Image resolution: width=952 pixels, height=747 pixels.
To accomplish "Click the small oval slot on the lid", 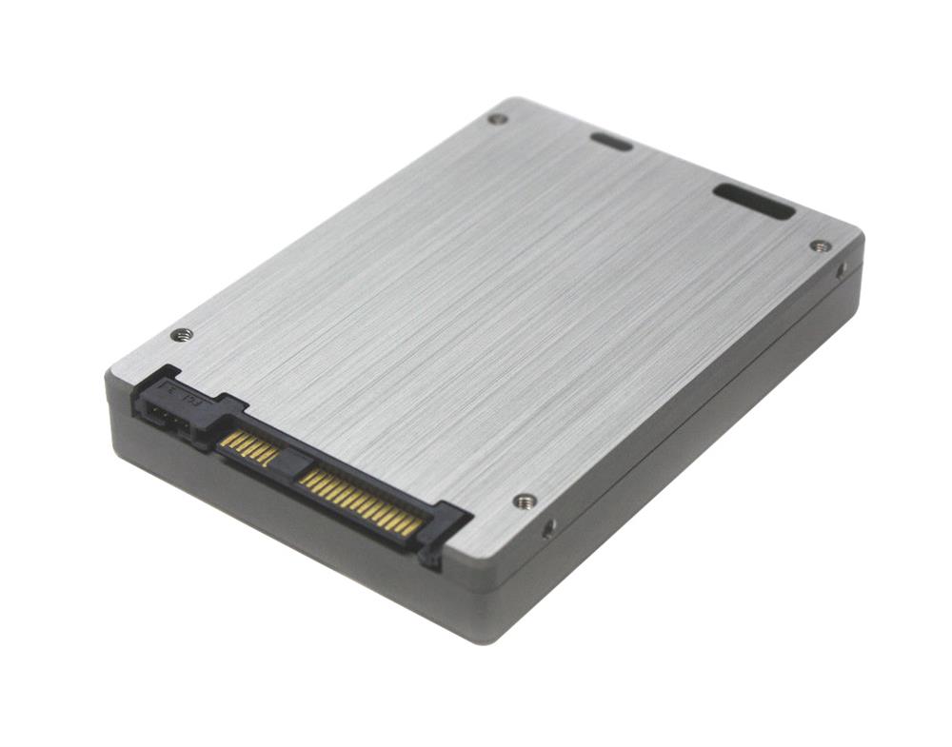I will (x=609, y=142).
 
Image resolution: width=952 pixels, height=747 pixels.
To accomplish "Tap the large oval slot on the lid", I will (x=753, y=202).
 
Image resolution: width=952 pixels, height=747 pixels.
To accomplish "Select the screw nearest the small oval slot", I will (x=497, y=119).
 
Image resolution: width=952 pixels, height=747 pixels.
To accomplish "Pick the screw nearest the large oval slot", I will (x=820, y=246).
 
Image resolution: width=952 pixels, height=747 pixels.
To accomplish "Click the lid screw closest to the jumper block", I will (x=180, y=334).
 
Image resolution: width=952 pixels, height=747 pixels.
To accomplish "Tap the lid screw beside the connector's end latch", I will (x=524, y=501).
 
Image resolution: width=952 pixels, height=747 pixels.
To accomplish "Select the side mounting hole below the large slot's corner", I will (x=842, y=271).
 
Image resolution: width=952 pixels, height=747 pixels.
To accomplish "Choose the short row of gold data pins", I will (x=249, y=446).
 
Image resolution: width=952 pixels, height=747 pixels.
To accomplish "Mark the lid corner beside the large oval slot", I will (x=852, y=233).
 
